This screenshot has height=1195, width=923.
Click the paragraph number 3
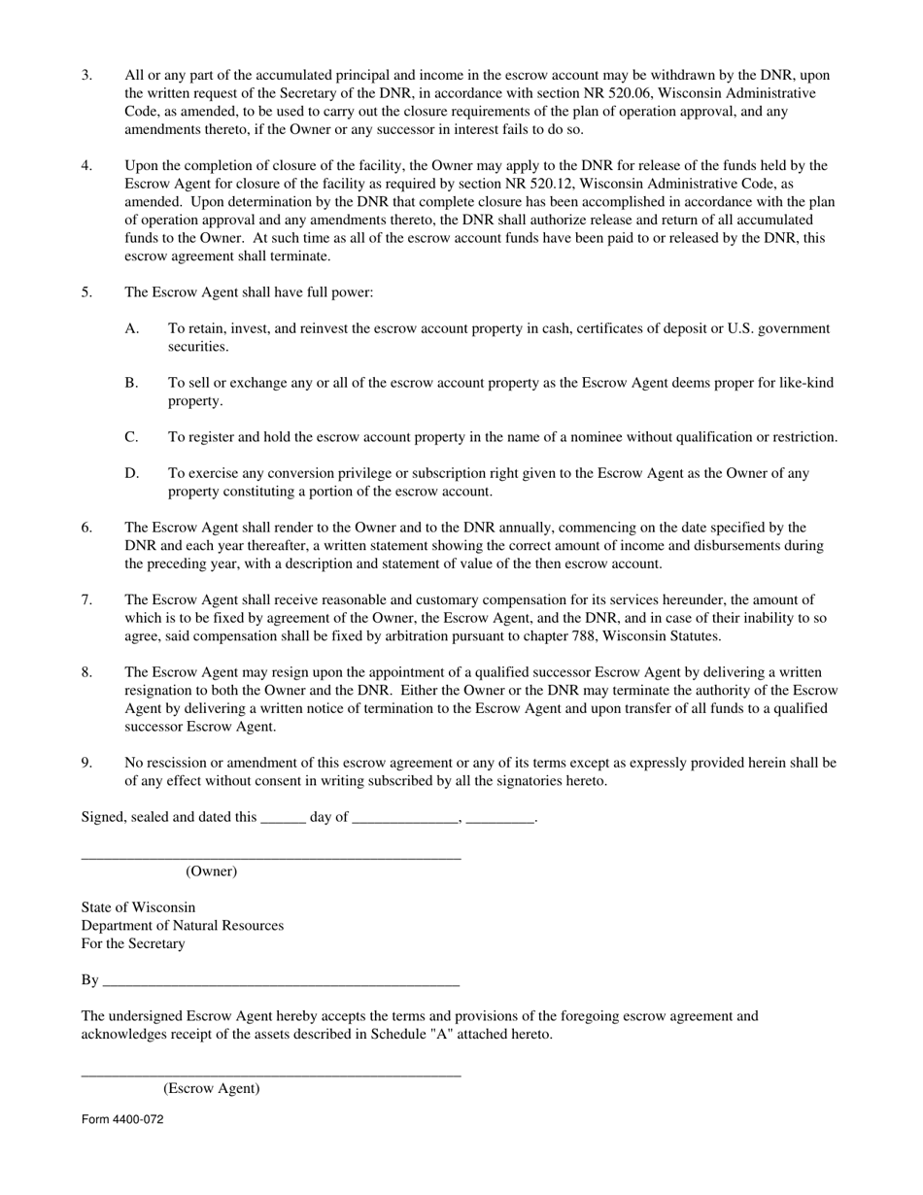[86, 75]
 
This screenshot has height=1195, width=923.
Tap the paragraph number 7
[86, 599]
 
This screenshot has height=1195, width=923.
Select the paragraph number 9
[86, 763]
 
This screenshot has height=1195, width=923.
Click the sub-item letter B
[131, 383]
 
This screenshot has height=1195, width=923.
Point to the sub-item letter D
[131, 473]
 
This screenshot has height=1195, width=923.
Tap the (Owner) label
[211, 871]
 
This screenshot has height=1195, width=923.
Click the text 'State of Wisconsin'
[138, 907]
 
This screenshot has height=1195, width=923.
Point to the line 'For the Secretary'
[133, 943]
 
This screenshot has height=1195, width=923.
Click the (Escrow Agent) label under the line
[211, 1089]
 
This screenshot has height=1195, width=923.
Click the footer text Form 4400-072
[122, 1119]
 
